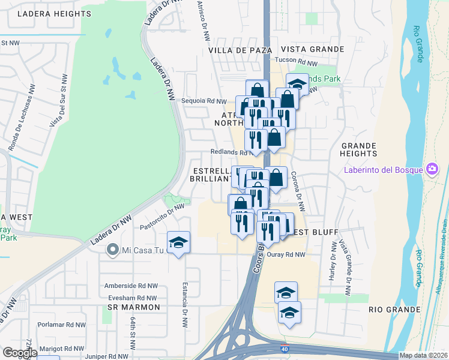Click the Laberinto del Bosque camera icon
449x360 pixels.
coord(430,169)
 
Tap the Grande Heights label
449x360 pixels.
coord(358,150)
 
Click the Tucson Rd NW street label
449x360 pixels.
coord(295,62)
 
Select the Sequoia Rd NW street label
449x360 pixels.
coord(204,101)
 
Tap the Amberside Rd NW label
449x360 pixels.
coord(131,286)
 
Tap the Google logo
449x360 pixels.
coord(20,353)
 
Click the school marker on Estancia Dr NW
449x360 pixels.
coord(179,242)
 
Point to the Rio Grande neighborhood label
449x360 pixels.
coord(394,310)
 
